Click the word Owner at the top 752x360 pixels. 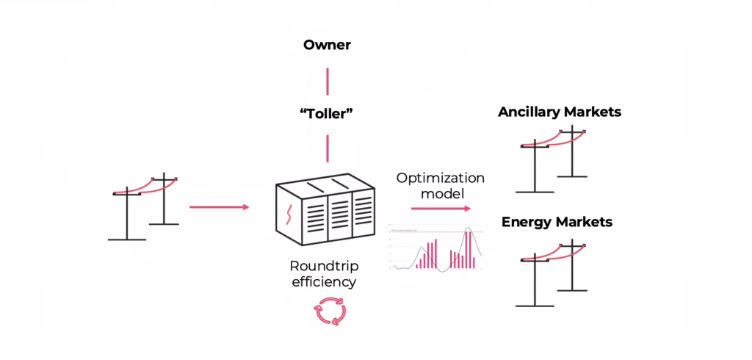[x=327, y=46]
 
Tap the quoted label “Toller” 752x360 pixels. [x=327, y=115]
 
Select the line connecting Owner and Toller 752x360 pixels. [x=327, y=79]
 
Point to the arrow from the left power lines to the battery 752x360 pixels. [x=219, y=207]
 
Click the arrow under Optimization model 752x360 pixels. [x=440, y=208]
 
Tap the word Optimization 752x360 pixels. [x=440, y=178]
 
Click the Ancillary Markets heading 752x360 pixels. [x=559, y=112]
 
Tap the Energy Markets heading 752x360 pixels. [x=557, y=222]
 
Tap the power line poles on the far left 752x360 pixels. [x=144, y=207]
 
